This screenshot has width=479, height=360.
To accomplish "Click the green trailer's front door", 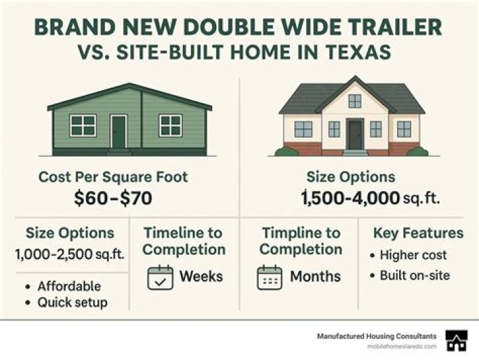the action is coord(118,132).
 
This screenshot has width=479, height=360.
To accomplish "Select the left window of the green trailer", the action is coord(82,125).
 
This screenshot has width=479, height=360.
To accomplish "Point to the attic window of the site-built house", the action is coord(355,101).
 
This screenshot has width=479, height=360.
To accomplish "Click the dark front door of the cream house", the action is coord(355,134).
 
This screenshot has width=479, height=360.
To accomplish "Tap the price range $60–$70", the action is coord(113,198).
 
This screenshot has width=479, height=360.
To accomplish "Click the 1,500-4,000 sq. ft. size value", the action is coord(371,198).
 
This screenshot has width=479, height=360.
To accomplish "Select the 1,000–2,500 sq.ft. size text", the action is coord(70,254).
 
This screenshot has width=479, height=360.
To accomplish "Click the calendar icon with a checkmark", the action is coord(160,277).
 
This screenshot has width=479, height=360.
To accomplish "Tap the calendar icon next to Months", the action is coord(269,277).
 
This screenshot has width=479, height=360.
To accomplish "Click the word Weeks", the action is coord(201,276).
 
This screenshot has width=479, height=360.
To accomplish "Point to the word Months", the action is coord(315,276).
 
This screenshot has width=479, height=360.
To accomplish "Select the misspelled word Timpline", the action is coord(289,233).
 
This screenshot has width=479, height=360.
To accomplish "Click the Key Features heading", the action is coord(418,233).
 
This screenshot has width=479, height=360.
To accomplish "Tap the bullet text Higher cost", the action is coord(413,255).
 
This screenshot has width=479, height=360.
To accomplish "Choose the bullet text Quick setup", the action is coord(73,303).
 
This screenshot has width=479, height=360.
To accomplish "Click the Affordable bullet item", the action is coord(69,286).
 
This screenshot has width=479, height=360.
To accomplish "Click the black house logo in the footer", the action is coord(456,341).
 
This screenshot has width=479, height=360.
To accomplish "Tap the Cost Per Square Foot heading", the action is coord(113,177).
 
